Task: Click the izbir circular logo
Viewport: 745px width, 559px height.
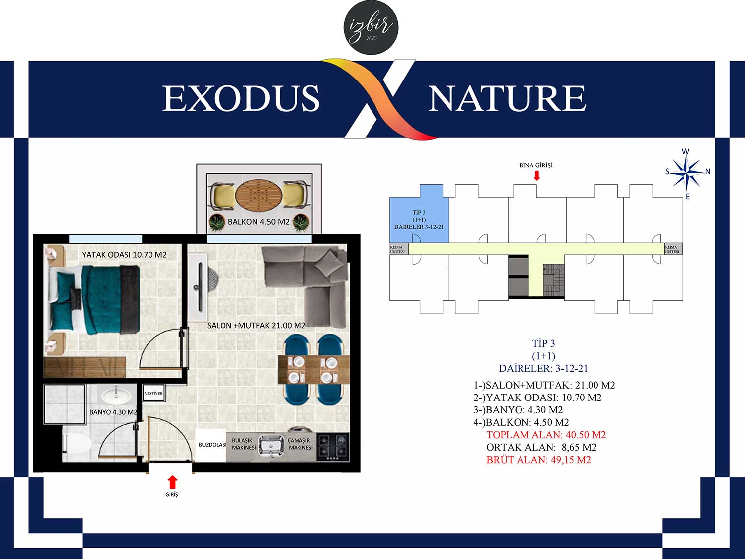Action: pyautogui.click(x=371, y=27)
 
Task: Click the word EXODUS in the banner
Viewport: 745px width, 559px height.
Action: pyautogui.click(x=241, y=98)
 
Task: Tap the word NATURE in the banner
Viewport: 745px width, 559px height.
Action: pyautogui.click(x=507, y=98)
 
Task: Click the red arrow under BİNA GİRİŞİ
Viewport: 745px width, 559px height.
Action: pyautogui.click(x=536, y=175)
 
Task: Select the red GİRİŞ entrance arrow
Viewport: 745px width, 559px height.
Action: pyautogui.click(x=173, y=482)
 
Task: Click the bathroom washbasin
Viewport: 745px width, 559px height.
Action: pyautogui.click(x=116, y=395)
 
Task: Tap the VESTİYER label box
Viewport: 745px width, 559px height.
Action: pyautogui.click(x=153, y=393)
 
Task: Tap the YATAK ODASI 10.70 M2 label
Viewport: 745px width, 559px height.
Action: pyautogui.click(x=124, y=255)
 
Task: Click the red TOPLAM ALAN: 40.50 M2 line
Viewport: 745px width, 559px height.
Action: pyautogui.click(x=546, y=435)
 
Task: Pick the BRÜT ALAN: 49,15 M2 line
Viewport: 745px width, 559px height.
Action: pyautogui.click(x=539, y=460)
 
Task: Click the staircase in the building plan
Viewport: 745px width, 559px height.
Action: pyautogui.click(x=553, y=281)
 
